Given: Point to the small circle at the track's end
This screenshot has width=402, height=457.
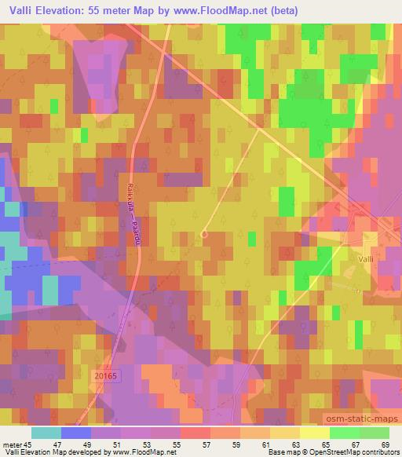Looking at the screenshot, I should pyautogui.click(x=204, y=233).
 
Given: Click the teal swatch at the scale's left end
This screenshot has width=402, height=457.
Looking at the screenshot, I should pyautogui.click(x=46, y=433).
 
